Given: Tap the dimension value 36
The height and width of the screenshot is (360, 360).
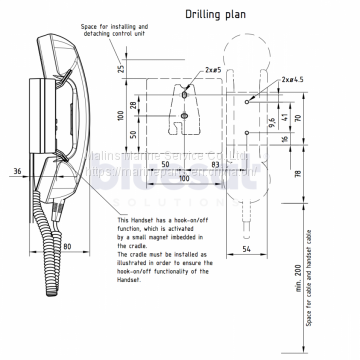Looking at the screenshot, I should point(19,171).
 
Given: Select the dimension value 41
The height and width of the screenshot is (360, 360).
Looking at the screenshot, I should point(286,118).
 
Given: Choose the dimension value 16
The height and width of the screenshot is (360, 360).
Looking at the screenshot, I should point(286,141).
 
